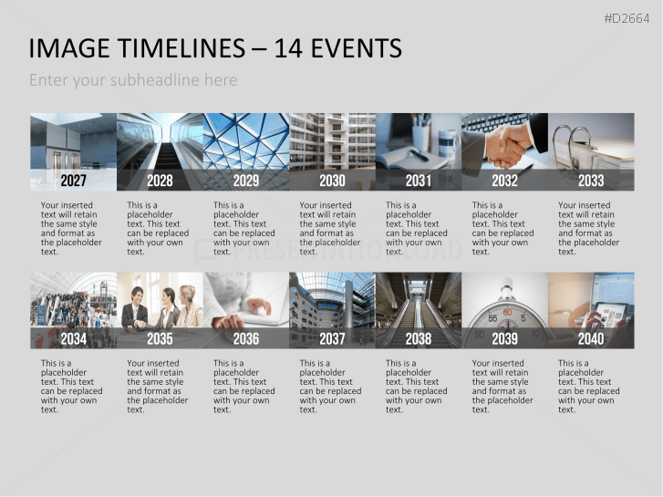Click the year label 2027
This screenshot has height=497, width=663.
[73, 181]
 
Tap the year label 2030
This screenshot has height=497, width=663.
[332, 181]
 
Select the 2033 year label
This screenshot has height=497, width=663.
[591, 181]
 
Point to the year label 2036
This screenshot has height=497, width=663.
[245, 338]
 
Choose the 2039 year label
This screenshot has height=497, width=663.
[504, 338]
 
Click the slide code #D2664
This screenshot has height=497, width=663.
[627, 18]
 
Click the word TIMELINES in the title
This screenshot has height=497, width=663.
[181, 47]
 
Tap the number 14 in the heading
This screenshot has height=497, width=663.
[288, 47]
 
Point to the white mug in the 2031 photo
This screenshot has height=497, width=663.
[448, 141]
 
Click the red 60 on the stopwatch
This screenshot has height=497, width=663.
[507, 313]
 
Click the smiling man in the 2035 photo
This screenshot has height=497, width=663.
[135, 308]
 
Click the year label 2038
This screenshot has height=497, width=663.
[419, 338]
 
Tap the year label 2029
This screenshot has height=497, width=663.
[245, 181]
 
